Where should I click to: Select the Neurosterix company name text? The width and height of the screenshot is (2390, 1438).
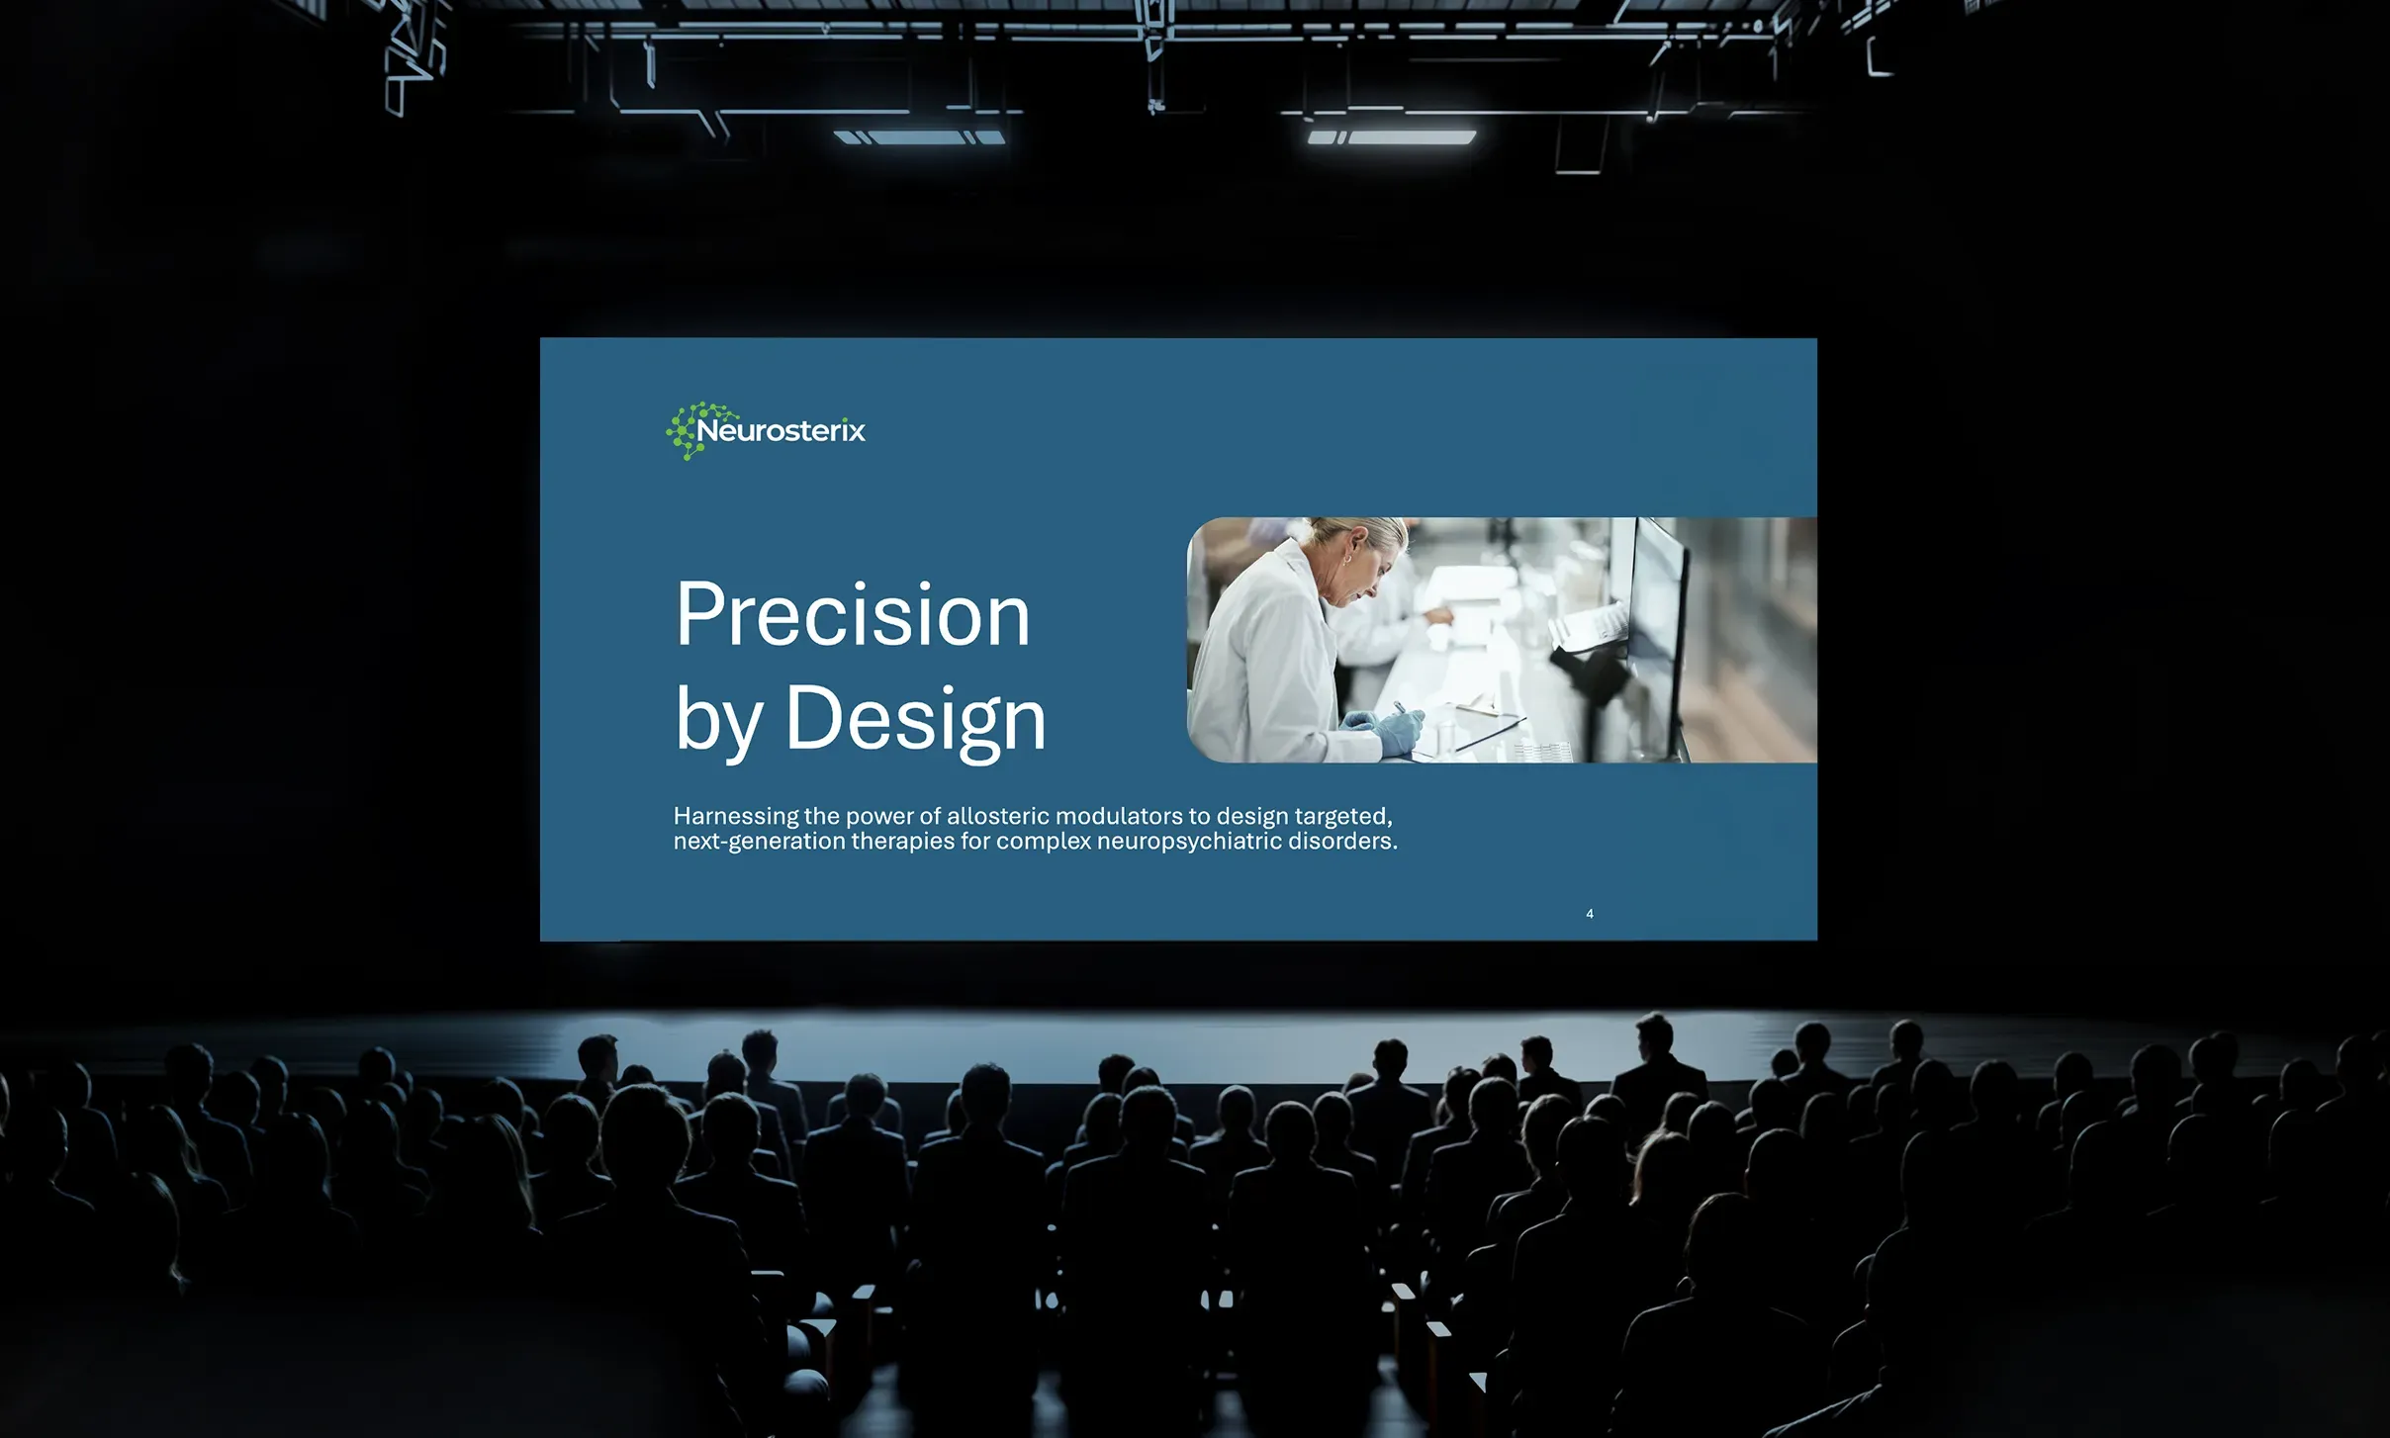click(781, 430)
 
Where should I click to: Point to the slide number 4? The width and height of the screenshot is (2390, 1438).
click(1590, 914)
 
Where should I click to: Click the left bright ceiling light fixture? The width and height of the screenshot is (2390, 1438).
click(920, 137)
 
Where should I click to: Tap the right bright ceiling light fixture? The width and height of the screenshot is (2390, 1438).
click(1392, 137)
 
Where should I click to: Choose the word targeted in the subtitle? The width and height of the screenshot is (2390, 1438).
click(1343, 817)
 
